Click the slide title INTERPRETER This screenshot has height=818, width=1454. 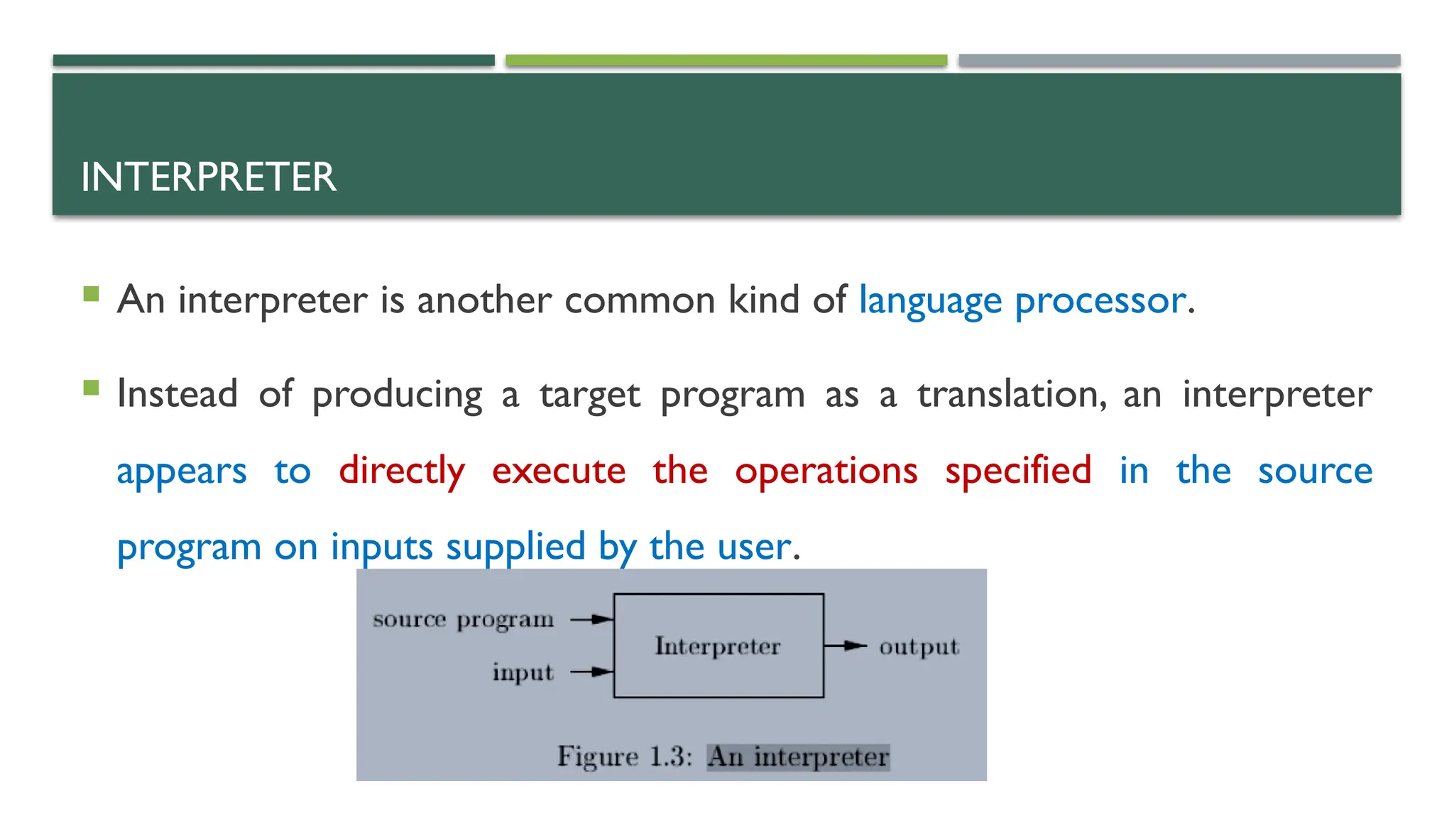[208, 177]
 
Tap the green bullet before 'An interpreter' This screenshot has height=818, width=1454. [91, 294]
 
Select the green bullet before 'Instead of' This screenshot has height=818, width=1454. [91, 388]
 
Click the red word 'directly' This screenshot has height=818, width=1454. [402, 471]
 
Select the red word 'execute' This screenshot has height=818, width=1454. [559, 471]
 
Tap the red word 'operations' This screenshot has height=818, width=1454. [826, 471]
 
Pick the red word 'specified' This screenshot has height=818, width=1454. [1018, 471]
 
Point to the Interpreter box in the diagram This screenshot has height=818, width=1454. [718, 645]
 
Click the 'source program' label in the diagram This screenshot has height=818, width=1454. [463, 620]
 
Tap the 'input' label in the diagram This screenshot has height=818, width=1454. [523, 672]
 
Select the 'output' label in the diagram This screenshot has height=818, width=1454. [919, 647]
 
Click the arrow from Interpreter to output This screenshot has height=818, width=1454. [846, 646]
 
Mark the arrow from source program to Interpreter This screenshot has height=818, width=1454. [591, 619]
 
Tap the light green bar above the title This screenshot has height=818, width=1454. [726, 60]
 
